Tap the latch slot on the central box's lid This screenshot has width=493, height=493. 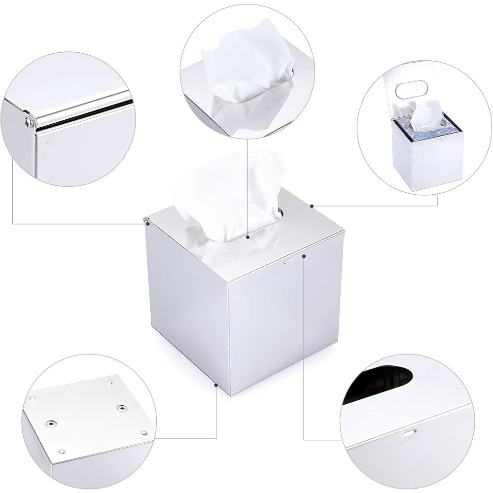click(288, 258)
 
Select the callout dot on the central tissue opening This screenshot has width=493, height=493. click(248, 237)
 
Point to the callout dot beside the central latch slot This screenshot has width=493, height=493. click(305, 255)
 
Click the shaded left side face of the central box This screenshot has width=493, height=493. click(187, 316)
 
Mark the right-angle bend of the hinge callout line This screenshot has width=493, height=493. click(13, 223)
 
